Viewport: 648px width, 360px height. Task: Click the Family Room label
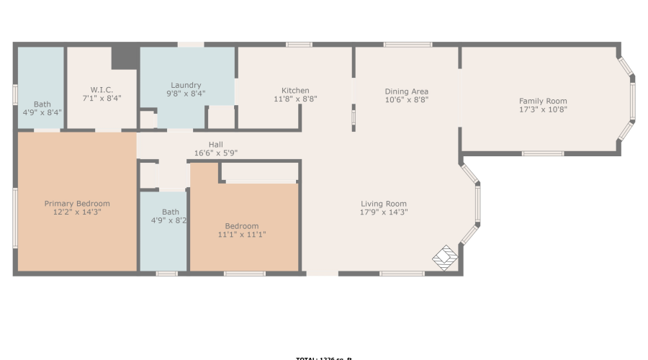[x=543, y=101]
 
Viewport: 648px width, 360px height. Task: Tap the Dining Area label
[x=406, y=91]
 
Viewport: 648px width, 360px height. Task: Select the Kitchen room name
[x=295, y=91]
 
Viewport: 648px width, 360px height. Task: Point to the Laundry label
[x=186, y=85]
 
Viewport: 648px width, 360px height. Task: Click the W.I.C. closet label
[x=101, y=89]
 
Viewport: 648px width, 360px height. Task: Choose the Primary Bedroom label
[x=77, y=204]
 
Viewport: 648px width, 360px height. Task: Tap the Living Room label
[x=384, y=204]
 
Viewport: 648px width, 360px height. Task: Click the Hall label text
[x=215, y=144]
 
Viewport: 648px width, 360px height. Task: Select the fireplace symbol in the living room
[x=445, y=257]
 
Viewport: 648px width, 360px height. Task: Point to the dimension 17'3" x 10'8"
[x=543, y=110]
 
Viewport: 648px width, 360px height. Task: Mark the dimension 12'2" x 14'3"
[x=77, y=212]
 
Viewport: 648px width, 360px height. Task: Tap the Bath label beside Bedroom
[x=171, y=212]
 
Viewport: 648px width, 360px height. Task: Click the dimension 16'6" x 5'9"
[x=215, y=153]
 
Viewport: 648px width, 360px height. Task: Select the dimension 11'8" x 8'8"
[x=295, y=99]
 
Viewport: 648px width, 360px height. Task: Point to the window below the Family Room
[x=542, y=153]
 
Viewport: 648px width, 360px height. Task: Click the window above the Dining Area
[x=408, y=45]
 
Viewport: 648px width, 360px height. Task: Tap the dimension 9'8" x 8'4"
[x=186, y=94]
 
